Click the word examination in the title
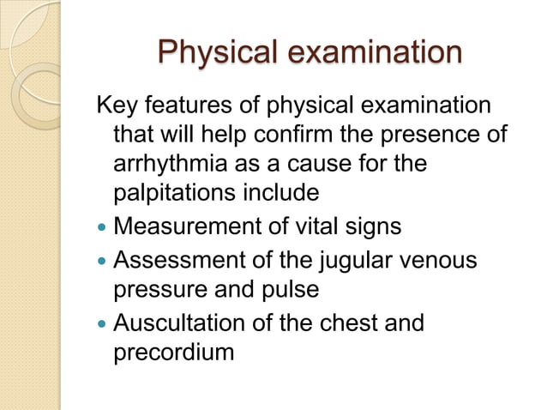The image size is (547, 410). (x=373, y=52)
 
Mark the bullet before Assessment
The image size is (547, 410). (x=101, y=262)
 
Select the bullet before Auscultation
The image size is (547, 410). (x=101, y=325)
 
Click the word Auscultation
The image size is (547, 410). (x=175, y=323)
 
